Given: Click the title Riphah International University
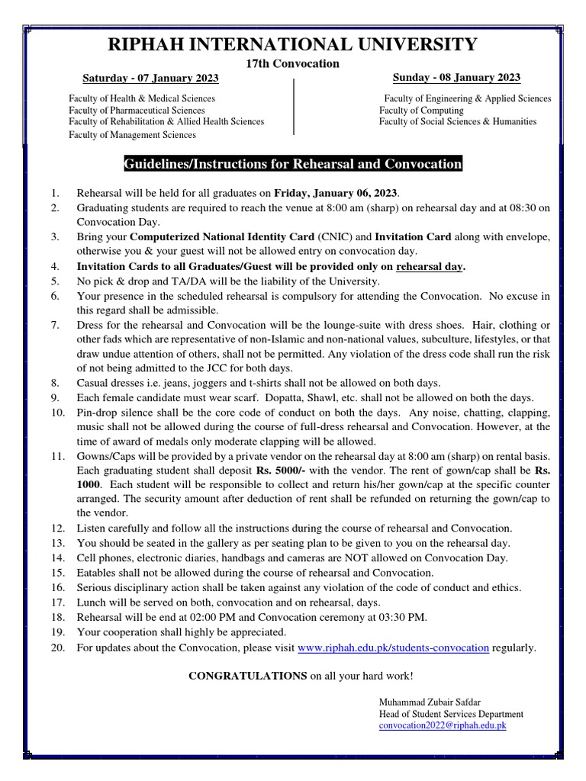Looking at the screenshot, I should point(293,44).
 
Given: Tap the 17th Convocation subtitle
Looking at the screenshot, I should point(292,63).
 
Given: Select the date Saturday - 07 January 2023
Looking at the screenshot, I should point(150,79).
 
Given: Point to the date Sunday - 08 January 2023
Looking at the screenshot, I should point(456,78).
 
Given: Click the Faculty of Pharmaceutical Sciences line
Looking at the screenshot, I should point(137,111).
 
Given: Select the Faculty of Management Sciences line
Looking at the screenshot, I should point(132,135).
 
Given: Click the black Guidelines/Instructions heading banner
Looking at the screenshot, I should point(293,164).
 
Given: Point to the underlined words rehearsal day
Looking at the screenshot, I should point(430,266).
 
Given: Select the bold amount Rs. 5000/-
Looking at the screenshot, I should point(281,471).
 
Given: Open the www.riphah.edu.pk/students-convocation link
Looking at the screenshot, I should point(393,648).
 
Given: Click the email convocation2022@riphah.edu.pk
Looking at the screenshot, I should point(443,726).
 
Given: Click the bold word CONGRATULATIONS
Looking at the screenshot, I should point(248,676).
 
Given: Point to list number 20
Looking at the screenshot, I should point(58,648).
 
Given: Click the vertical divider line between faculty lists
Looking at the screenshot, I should point(294,107).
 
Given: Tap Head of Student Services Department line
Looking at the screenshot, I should point(451,714).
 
